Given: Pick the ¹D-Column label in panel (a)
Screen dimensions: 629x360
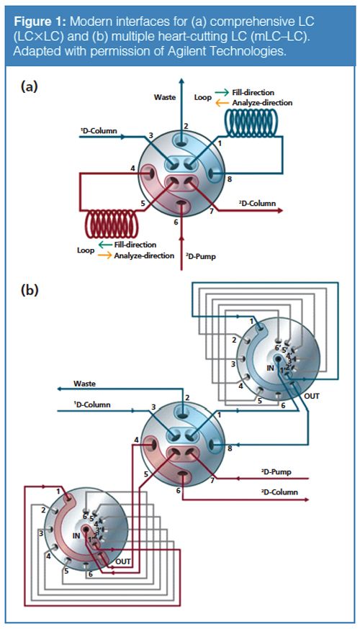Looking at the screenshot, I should tap(99, 132).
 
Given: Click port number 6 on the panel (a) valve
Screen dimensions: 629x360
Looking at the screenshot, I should tap(175, 222).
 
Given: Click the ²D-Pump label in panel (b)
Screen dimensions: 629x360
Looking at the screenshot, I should tap(276, 474).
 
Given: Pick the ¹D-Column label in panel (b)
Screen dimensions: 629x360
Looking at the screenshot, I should tap(92, 405).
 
